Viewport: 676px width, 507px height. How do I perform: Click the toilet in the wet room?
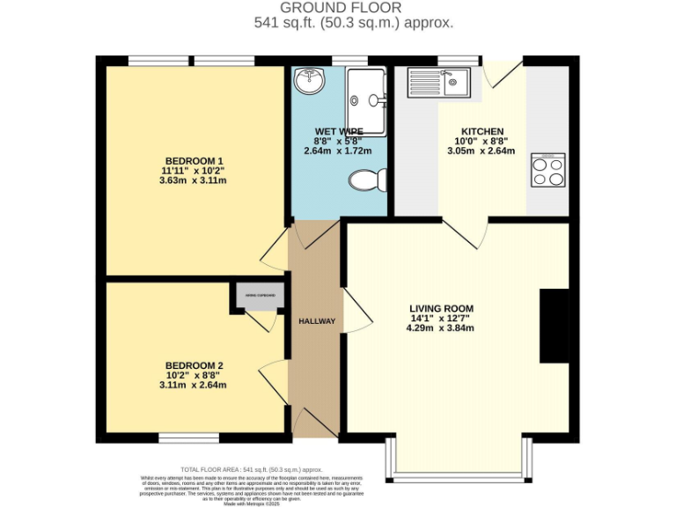[x=367, y=180]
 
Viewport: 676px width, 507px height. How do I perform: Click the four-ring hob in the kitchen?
[x=547, y=169]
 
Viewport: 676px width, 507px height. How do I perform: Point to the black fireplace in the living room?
[x=554, y=326]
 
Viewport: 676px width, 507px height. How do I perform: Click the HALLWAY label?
[x=316, y=321]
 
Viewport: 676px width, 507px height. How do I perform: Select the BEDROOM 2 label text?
[x=194, y=365]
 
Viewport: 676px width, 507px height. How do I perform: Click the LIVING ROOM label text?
[x=441, y=307]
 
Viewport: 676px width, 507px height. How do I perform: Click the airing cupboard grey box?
[x=260, y=296]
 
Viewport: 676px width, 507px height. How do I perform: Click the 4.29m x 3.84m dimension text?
[x=441, y=328]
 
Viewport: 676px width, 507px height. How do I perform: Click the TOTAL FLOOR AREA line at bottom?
[x=251, y=471]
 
